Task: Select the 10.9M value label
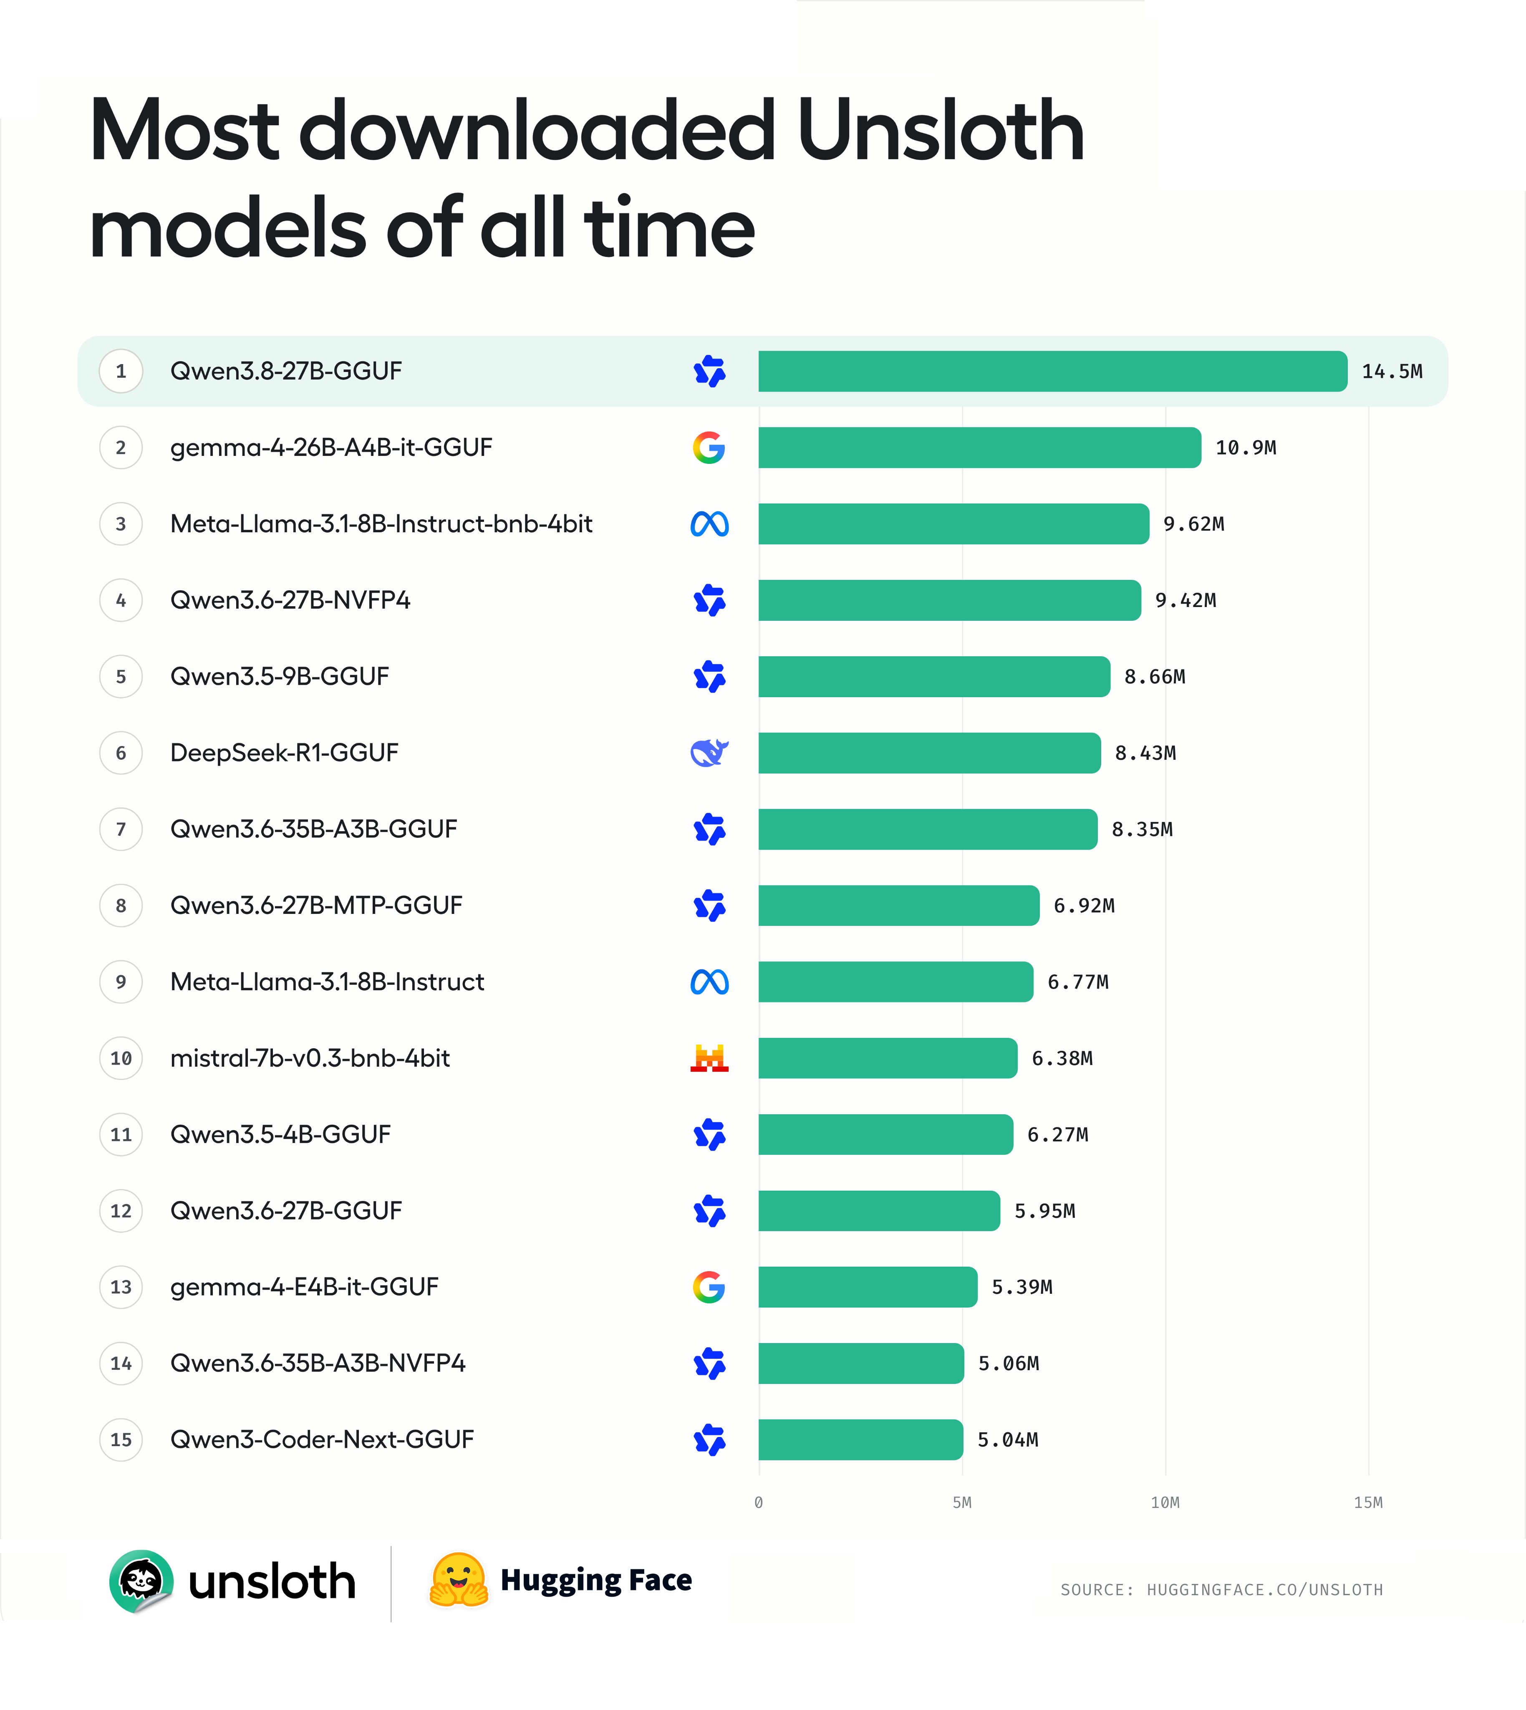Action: pyautogui.click(x=1246, y=448)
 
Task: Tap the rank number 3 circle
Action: pyautogui.click(x=121, y=524)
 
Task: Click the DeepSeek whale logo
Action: pyautogui.click(x=709, y=753)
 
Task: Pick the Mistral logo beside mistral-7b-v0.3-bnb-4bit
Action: pyautogui.click(x=709, y=1058)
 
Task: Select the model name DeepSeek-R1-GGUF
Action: pyautogui.click(x=284, y=753)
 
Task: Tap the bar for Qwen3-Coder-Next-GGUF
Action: pyautogui.click(x=860, y=1440)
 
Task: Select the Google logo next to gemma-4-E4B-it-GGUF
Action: pyautogui.click(x=709, y=1288)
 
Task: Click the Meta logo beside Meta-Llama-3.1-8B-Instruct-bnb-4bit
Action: pyautogui.click(x=709, y=524)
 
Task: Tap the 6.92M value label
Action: pyautogui.click(x=1084, y=906)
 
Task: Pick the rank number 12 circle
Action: pyautogui.click(x=121, y=1211)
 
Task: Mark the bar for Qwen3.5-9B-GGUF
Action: pyautogui.click(x=934, y=677)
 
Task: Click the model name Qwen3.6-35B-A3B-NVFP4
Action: pyautogui.click(x=318, y=1363)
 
